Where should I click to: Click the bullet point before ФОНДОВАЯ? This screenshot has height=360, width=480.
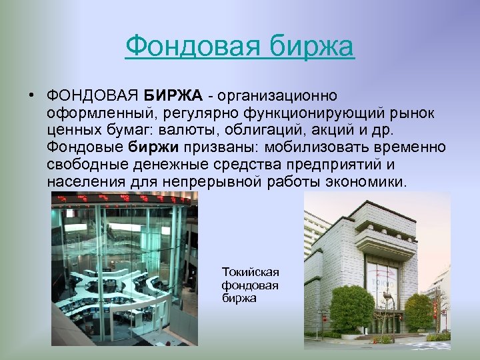31,94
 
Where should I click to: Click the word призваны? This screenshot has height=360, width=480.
213,147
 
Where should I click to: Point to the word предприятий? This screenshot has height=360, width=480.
323,164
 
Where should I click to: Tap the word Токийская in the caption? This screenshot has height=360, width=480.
250,272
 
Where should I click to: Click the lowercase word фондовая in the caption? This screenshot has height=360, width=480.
250,285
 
